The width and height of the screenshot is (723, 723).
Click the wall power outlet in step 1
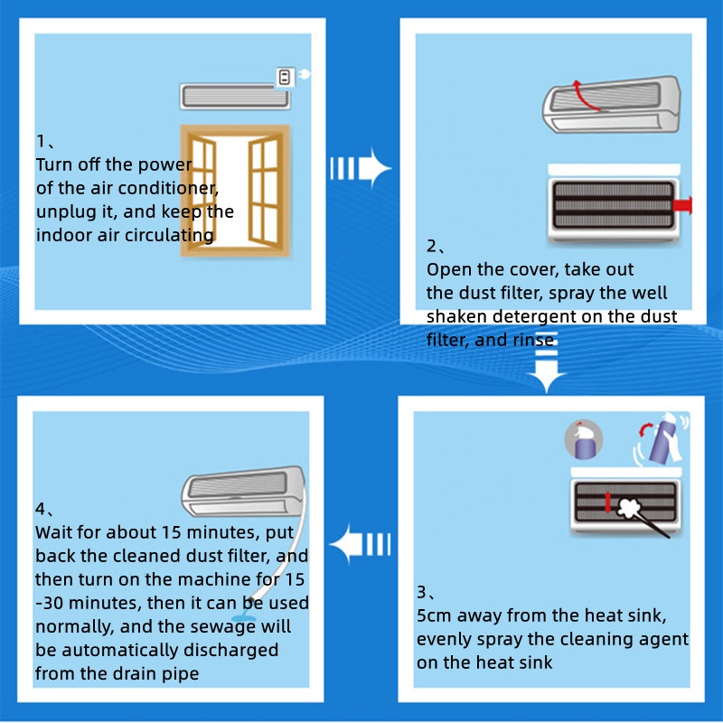[x=286, y=77]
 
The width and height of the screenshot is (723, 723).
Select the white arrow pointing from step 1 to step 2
[x=359, y=168]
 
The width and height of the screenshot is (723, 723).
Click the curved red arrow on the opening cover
[x=588, y=93]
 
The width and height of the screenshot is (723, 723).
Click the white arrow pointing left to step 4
[x=359, y=546]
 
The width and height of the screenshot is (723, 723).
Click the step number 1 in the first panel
[x=41, y=141]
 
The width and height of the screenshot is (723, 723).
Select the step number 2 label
[x=431, y=246]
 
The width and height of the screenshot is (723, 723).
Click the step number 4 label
[x=40, y=509]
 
